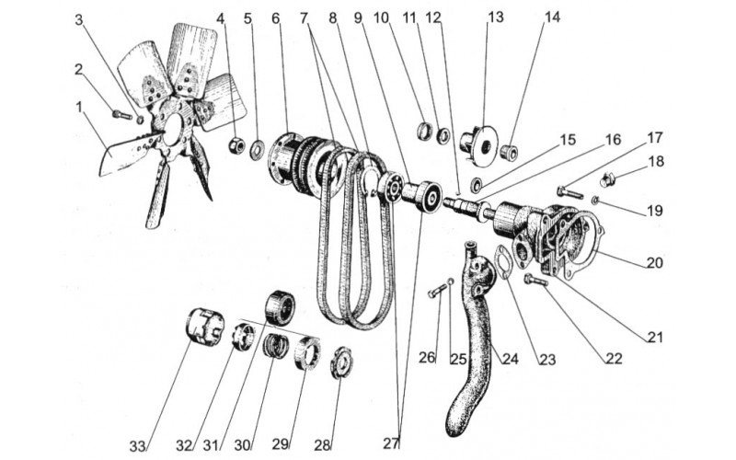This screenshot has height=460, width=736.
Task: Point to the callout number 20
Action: (x=655, y=262)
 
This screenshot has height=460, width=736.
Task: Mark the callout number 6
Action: (x=275, y=17)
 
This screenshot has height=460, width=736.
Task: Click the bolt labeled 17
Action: (x=570, y=193)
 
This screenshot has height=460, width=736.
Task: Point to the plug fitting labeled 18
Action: (x=608, y=178)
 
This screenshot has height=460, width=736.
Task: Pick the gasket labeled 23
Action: (x=504, y=260)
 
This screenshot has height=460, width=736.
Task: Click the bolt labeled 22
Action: (x=535, y=279)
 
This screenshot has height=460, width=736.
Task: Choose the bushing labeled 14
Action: (x=507, y=151)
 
